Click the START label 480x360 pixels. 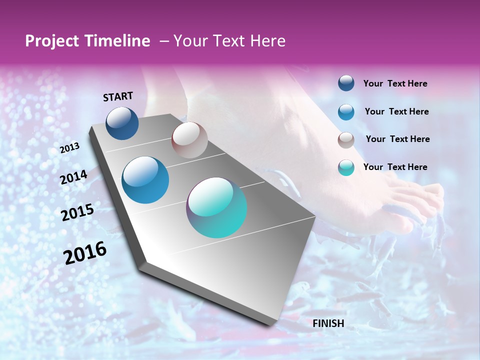click(118, 96)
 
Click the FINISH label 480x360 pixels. click(328, 323)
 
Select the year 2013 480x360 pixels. click(70, 148)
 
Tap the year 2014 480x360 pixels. click(74, 177)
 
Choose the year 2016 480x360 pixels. click(85, 253)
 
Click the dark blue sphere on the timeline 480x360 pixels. click(122, 123)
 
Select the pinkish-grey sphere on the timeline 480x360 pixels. click(189, 140)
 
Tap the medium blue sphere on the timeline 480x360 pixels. click(145, 180)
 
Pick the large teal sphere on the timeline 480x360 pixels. click(216, 207)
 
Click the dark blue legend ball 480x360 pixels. click(346, 83)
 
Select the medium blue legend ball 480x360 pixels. click(346, 111)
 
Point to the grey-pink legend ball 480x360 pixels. click(346, 139)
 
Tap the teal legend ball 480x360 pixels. click(346, 167)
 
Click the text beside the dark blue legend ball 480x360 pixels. click(395, 83)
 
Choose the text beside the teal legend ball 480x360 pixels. click(395, 167)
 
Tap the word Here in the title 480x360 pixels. click(266, 41)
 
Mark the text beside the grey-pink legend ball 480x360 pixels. click(397, 139)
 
